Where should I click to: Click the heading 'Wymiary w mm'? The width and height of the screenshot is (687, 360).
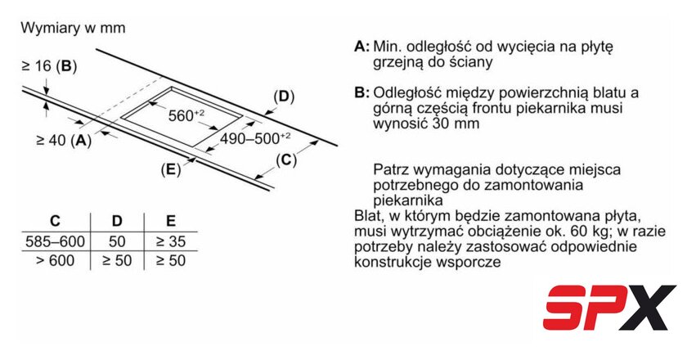[x=73, y=28]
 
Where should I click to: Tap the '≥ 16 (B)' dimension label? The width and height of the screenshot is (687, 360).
[x=49, y=66]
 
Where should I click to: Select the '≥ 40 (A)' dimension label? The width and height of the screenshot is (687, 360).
[x=64, y=140]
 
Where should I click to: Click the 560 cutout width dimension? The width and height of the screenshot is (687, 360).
[x=186, y=115]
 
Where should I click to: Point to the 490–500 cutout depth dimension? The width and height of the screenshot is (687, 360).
[x=255, y=138]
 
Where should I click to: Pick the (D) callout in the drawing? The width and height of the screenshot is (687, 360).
[x=284, y=97]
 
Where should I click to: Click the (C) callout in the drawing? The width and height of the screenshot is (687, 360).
[x=286, y=160]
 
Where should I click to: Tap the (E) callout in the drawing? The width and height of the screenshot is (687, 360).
[x=171, y=169]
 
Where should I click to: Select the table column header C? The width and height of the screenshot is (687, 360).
[x=56, y=221]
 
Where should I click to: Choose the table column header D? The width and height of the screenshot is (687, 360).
[x=117, y=221]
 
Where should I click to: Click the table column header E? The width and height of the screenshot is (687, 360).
[x=171, y=221]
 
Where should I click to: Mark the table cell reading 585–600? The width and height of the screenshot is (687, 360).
[x=56, y=241]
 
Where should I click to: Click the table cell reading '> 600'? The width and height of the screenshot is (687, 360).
[x=56, y=260]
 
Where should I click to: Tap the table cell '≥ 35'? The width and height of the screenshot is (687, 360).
[x=171, y=241]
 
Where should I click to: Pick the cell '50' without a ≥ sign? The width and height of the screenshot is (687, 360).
[x=117, y=241]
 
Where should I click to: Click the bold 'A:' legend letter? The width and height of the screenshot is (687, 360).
[x=361, y=47]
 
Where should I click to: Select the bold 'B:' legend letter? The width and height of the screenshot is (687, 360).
[x=361, y=93]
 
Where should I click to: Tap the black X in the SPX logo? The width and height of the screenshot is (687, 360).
[x=647, y=308]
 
